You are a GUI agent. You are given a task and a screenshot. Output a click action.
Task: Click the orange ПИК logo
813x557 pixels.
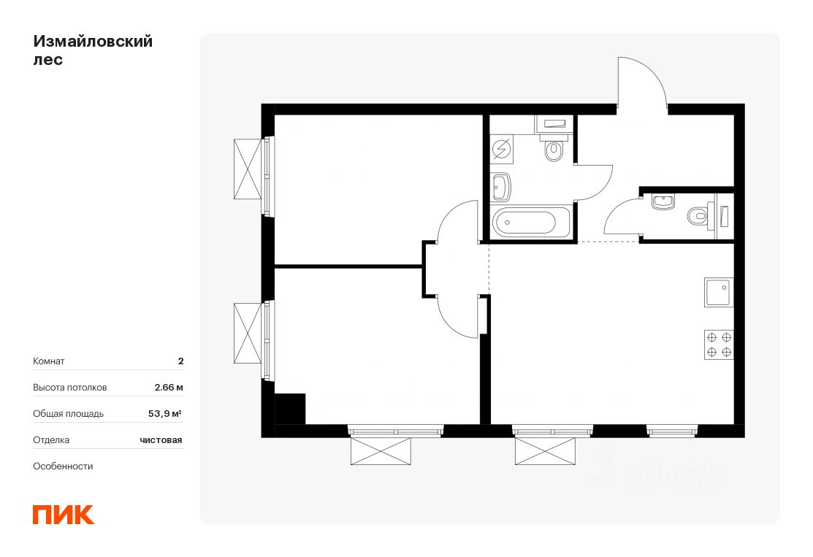[x=64, y=515]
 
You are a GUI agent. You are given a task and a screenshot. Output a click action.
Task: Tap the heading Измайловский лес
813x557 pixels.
[x=93, y=50]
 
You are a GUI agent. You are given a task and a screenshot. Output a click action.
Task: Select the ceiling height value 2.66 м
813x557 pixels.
[x=169, y=387]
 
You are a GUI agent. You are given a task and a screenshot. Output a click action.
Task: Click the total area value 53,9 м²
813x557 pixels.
[x=165, y=413]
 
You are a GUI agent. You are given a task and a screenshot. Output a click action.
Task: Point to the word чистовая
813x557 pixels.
[x=161, y=440]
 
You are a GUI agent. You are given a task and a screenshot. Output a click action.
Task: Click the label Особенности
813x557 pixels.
[x=63, y=466]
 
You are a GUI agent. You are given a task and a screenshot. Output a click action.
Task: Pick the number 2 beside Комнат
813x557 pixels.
[x=180, y=361]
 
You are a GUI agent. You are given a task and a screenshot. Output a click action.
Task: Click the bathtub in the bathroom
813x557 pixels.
[x=531, y=222]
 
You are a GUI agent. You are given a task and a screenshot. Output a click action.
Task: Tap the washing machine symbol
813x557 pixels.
[x=501, y=150]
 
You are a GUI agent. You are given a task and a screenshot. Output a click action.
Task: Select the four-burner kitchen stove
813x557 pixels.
[x=719, y=345]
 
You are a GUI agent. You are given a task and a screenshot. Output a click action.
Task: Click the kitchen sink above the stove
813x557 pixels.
[x=719, y=292]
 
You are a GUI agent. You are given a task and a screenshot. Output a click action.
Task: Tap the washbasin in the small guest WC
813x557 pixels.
[x=663, y=202]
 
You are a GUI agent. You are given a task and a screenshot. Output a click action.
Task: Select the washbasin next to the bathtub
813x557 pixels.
[x=501, y=187]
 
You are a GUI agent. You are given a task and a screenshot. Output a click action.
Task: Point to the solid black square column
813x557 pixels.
[x=290, y=409]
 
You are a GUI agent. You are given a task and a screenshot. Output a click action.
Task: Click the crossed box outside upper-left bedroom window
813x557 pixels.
[x=248, y=169]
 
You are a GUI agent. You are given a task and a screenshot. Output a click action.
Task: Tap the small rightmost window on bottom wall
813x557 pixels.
[x=672, y=430]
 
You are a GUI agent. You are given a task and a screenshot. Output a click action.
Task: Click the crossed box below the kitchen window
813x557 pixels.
[x=545, y=450]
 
